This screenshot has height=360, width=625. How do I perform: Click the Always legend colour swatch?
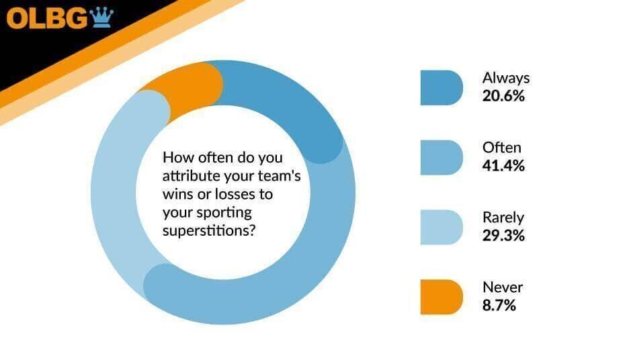442,87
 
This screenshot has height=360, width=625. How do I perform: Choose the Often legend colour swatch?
442,157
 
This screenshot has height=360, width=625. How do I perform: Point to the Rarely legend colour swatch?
442,227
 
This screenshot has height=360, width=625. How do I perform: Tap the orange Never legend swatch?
442,297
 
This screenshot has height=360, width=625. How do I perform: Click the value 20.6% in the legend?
503,96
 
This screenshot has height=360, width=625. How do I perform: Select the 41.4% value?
503,166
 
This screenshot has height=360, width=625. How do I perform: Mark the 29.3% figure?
503,236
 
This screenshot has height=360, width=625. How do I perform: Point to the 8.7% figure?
499,306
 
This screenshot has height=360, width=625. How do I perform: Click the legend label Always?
506,79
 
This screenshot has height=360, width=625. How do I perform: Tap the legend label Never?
503,287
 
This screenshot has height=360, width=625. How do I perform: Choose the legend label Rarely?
503,218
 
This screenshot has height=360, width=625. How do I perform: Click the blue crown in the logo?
101,17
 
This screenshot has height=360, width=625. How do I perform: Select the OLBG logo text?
46,19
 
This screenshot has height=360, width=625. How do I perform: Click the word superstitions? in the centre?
209,230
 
